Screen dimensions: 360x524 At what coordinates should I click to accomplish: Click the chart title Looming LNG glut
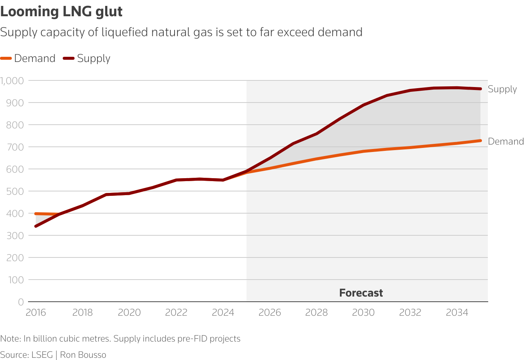61,12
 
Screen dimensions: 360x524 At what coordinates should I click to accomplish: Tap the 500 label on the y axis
15,191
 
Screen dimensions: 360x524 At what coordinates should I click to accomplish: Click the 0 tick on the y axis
21,302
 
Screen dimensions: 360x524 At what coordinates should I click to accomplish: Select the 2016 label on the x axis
36,313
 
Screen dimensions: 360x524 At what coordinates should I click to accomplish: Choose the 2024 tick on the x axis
223,313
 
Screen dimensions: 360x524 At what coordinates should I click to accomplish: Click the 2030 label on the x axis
363,313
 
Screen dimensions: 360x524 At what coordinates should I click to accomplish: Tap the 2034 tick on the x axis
457,313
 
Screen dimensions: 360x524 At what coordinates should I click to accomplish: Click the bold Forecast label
361,293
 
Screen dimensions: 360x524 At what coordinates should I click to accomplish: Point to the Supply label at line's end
502,89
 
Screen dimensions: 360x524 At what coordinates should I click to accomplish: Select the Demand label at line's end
506,141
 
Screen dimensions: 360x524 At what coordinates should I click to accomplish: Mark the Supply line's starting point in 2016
36,226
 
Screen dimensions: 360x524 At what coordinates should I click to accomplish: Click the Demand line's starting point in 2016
36,214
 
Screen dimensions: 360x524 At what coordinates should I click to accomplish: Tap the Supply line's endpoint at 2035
480,89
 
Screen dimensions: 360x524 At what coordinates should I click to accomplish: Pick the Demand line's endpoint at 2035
480,141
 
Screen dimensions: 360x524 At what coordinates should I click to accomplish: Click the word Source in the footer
13,355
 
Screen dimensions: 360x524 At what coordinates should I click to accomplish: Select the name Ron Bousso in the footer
83,355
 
